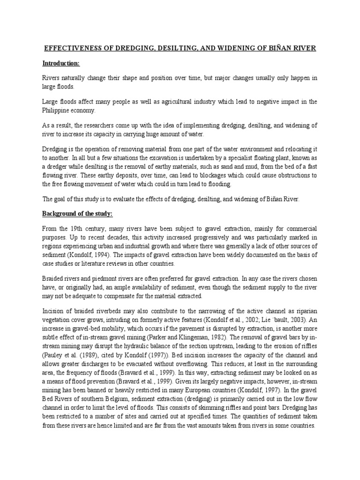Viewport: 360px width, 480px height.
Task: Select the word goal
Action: (x=61, y=199)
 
